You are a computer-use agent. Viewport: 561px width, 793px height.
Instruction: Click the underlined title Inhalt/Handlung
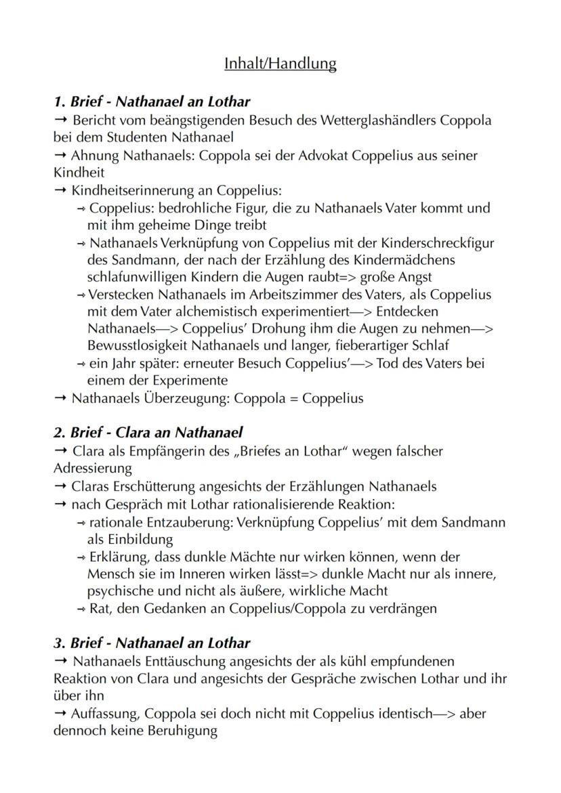(280, 64)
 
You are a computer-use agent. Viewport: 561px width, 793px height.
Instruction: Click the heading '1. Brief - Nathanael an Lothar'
(152, 102)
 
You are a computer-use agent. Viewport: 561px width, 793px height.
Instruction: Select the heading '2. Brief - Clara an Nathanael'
(148, 432)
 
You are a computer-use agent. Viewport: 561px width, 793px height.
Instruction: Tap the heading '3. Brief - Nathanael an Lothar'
(152, 643)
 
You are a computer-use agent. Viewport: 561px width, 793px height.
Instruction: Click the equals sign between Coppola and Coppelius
(293, 398)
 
